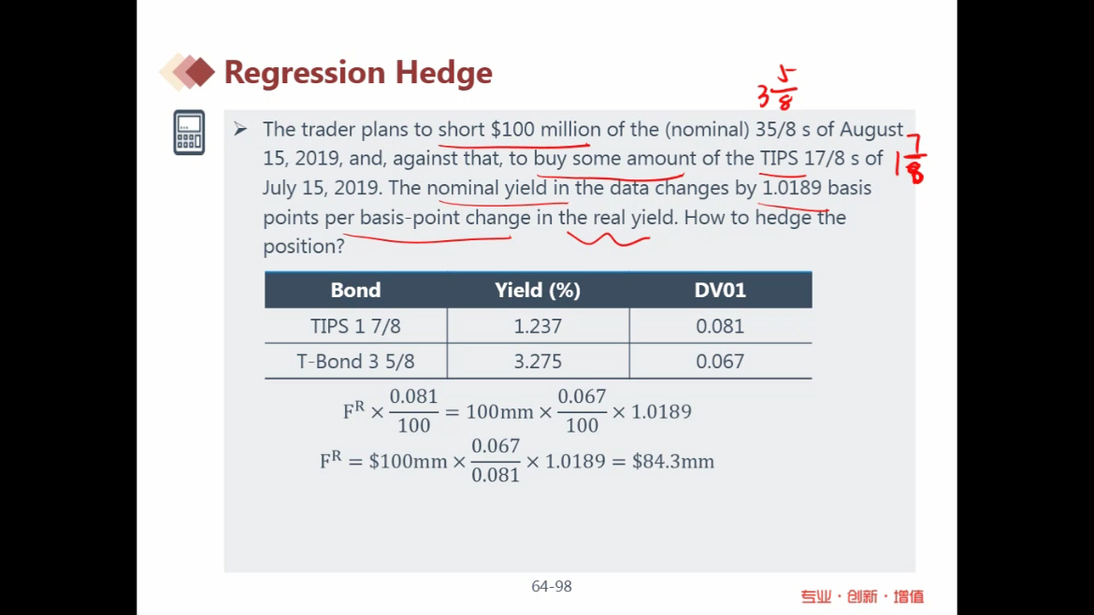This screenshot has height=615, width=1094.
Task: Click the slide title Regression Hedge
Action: tap(358, 73)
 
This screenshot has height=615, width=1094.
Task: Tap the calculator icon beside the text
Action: tap(189, 132)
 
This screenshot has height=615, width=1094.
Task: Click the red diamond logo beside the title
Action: tap(187, 72)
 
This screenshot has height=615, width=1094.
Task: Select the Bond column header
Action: tap(356, 290)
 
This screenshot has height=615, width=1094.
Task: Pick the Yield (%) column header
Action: tap(538, 290)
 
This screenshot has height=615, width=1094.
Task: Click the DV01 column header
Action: tap(720, 290)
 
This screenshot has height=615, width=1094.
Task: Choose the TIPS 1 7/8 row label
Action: tap(356, 326)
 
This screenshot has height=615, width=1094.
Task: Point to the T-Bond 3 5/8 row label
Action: tap(356, 361)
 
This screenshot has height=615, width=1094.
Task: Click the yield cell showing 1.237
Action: tap(538, 326)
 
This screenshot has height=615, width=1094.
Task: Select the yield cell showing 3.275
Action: tap(538, 361)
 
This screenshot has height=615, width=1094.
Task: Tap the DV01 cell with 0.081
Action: tap(720, 326)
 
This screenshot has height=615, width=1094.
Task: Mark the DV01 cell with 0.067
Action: tap(720, 361)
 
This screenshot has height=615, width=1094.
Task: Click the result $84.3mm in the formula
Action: tap(673, 462)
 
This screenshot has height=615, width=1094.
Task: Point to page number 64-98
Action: tap(552, 586)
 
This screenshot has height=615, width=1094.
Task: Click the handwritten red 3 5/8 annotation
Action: tap(777, 89)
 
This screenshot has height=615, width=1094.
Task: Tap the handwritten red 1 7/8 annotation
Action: tap(913, 159)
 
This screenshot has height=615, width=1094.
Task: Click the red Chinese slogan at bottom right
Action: tap(862, 597)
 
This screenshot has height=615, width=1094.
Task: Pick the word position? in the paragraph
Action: tap(304, 247)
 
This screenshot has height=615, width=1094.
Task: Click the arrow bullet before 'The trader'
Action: tap(240, 129)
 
